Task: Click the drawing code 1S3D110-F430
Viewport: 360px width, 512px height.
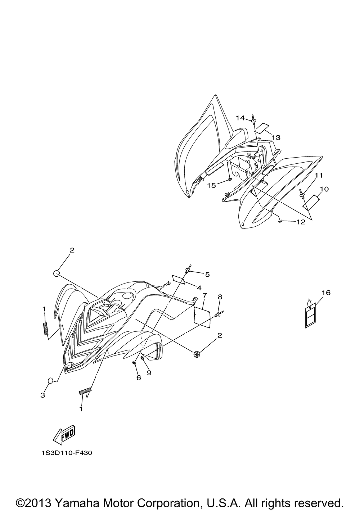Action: point(67,453)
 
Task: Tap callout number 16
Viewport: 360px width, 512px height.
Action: point(326,293)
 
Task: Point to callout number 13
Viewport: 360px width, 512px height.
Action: point(276,137)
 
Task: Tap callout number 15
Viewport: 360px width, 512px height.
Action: point(212,185)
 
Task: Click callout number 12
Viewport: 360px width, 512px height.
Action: point(301,222)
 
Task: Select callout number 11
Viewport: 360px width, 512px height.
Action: point(319,175)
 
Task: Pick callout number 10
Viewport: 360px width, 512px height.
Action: point(324,189)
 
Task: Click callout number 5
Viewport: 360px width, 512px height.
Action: point(207,274)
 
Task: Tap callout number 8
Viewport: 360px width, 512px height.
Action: point(220,297)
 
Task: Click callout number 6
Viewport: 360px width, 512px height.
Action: point(139,378)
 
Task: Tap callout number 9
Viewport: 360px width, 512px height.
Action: point(149,373)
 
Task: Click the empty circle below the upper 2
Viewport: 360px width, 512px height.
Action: point(56,273)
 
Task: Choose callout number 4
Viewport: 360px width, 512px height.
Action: point(199,287)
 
